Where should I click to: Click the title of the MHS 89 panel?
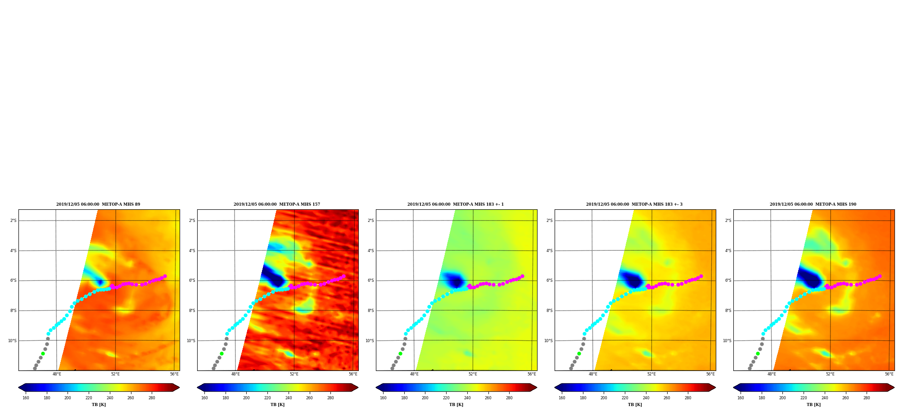[98, 204]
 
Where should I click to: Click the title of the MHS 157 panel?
[277, 204]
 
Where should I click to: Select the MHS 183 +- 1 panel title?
[456, 204]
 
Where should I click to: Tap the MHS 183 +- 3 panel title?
[634, 204]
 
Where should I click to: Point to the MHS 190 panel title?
[813, 204]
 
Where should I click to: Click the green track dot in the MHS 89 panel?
[43, 353]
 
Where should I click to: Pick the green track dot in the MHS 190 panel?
[758, 353]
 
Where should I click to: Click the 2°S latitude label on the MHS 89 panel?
[13, 221]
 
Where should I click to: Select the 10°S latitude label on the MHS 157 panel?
[191, 341]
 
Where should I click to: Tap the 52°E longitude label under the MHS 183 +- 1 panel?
[473, 374]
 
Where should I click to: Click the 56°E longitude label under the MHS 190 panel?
[889, 374]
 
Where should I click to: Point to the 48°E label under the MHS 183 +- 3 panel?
[593, 374]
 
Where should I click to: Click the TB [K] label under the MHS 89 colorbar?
[99, 405]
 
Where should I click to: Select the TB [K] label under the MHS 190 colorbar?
[813, 405]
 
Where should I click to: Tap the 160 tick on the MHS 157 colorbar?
[204, 398]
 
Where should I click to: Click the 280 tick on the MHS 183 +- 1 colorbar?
[509, 398]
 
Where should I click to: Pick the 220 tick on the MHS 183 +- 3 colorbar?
[625, 398]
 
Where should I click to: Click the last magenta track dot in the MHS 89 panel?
[165, 276]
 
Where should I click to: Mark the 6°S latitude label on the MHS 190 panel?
[728, 280]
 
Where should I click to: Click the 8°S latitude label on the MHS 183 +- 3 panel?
[549, 311]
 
